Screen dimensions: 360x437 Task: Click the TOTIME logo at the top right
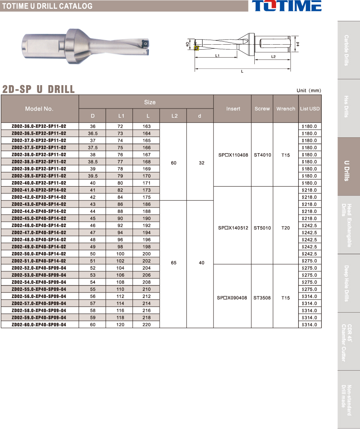point(286,6)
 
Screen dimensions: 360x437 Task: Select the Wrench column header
point(286,109)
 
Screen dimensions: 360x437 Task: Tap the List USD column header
point(310,109)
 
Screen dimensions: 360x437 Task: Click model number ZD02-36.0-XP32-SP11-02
point(39,126)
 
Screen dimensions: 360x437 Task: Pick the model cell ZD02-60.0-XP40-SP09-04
point(39,325)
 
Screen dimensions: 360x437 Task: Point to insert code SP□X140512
point(233,228)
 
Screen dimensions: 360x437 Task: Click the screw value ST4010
point(262,155)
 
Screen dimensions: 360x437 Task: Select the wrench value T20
point(286,228)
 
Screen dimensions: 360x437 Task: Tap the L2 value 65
point(174,263)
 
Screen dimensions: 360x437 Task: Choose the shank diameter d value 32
point(202,163)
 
